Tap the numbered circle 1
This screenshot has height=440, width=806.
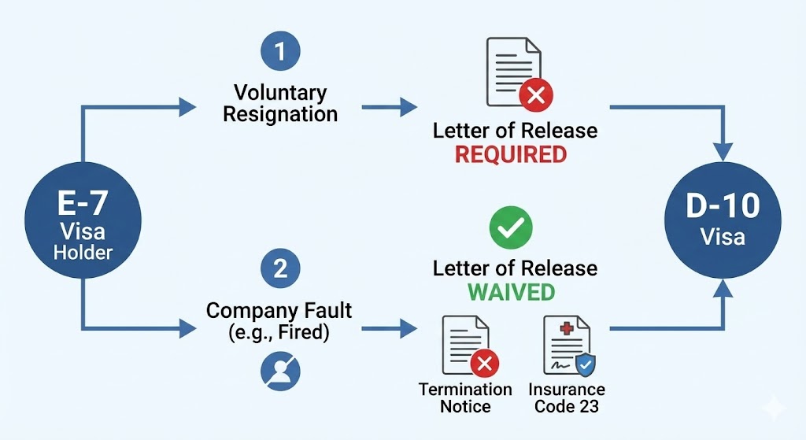click(x=280, y=53)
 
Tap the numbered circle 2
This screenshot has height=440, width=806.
click(x=280, y=269)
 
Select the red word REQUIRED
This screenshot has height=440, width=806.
click(x=511, y=154)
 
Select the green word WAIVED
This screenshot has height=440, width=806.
click(x=511, y=292)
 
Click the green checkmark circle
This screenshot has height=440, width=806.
click(x=511, y=228)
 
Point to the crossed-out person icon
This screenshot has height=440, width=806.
click(x=280, y=369)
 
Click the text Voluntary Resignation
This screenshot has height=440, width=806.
click(x=280, y=104)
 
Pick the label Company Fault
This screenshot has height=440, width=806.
click(x=279, y=310)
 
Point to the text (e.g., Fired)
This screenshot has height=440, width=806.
click(x=279, y=331)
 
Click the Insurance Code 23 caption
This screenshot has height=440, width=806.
click(x=567, y=398)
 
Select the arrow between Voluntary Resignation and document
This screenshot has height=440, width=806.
click(x=390, y=105)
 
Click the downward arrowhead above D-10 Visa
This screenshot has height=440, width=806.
click(x=723, y=151)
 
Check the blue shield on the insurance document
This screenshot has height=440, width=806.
click(x=586, y=364)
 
